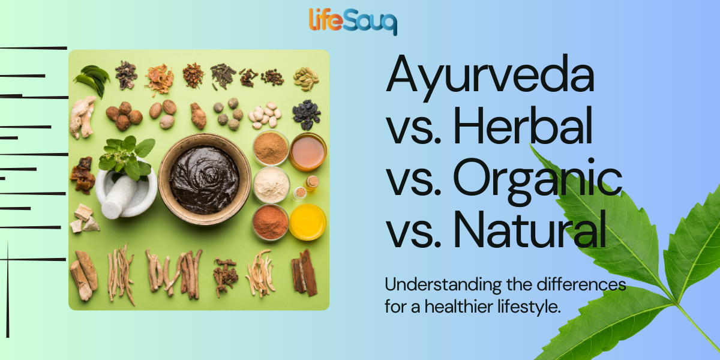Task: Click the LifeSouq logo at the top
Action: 353,21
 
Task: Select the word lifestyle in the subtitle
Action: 531,307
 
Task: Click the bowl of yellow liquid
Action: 308,222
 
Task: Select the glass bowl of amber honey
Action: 308,152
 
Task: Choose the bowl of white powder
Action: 271,185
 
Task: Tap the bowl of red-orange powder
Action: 270,223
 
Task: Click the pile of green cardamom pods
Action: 306,77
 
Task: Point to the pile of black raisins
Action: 307,113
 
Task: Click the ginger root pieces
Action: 82,115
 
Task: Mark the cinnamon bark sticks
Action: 305,272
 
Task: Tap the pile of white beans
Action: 264,115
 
